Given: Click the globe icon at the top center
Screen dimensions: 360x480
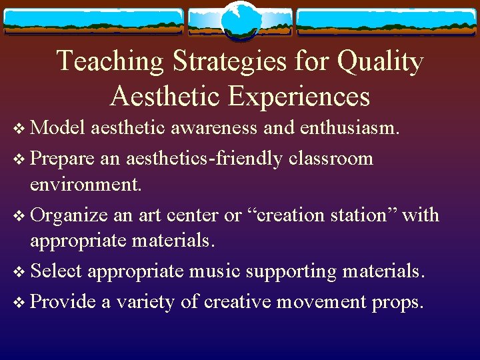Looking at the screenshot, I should pos(240,21).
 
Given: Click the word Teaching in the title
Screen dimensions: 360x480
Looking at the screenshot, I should pos(111,61).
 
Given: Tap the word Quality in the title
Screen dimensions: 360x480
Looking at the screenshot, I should pos(381,61).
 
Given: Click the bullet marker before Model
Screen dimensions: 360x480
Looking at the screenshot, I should pos(19,129).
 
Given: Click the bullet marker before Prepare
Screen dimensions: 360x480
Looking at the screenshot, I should pos(19,159).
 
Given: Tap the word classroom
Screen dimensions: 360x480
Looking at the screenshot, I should pos(331,159).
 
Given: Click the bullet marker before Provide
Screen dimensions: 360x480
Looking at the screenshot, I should pos(19,303).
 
